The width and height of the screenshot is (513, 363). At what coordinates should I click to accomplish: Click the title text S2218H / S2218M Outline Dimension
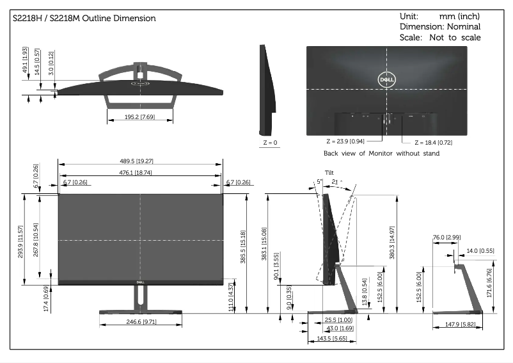84,19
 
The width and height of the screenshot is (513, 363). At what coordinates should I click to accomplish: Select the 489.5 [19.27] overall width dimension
139,162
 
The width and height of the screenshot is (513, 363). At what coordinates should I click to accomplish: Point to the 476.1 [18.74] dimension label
139,172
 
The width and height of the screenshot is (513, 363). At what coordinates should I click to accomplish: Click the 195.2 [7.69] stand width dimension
139,117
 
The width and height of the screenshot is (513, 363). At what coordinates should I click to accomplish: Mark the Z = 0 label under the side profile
270,142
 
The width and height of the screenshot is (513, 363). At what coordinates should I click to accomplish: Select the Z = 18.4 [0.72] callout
433,142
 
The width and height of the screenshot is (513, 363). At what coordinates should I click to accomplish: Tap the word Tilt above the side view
329,172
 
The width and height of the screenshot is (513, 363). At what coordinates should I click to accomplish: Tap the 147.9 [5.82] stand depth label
458,325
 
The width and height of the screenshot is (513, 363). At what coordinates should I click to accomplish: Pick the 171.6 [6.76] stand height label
490,280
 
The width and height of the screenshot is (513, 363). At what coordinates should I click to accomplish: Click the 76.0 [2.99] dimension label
446,238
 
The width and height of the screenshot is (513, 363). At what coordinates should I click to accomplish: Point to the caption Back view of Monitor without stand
381,154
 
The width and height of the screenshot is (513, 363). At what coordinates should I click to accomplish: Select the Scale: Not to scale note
440,37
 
